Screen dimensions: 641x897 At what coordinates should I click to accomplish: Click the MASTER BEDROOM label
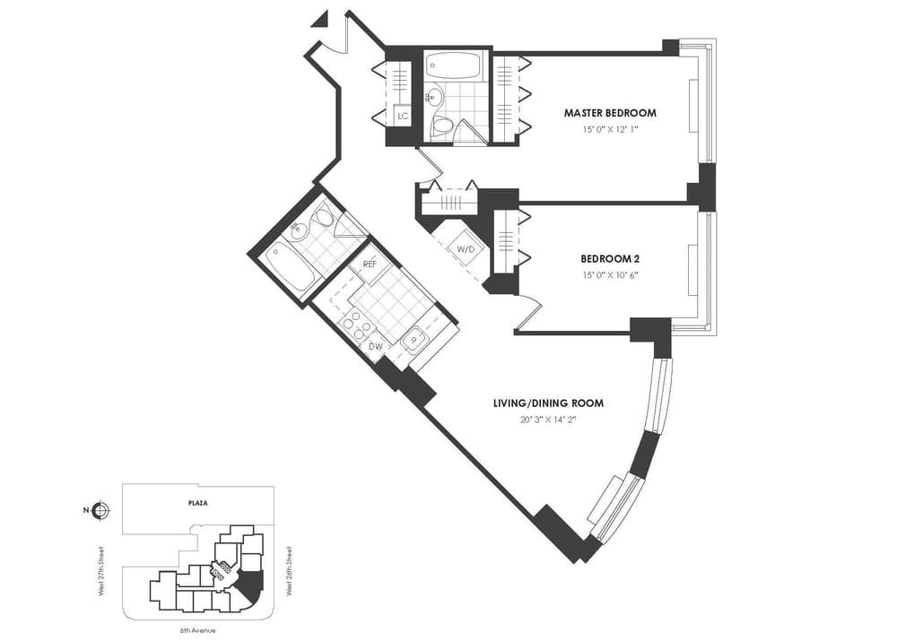609,113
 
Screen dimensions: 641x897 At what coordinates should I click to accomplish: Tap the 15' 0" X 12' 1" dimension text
609,129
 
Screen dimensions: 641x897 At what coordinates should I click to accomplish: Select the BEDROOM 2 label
609,258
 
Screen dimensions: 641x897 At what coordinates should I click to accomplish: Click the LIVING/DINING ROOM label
548,403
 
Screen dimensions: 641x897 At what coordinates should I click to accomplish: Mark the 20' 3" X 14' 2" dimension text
548,419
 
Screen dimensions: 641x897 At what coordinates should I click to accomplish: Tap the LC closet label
403,116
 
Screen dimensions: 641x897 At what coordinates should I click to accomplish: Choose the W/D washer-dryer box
466,247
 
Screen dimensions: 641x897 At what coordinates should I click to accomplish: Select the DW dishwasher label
377,346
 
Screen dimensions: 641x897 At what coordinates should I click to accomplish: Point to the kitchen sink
414,339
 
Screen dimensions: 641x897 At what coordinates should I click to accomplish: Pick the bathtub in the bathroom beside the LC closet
453,65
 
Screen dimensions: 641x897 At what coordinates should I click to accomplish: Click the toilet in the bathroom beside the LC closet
440,126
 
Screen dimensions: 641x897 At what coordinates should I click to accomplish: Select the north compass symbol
100,511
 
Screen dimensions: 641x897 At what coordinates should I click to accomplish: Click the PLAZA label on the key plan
198,504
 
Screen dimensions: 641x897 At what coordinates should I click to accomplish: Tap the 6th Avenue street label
198,630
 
